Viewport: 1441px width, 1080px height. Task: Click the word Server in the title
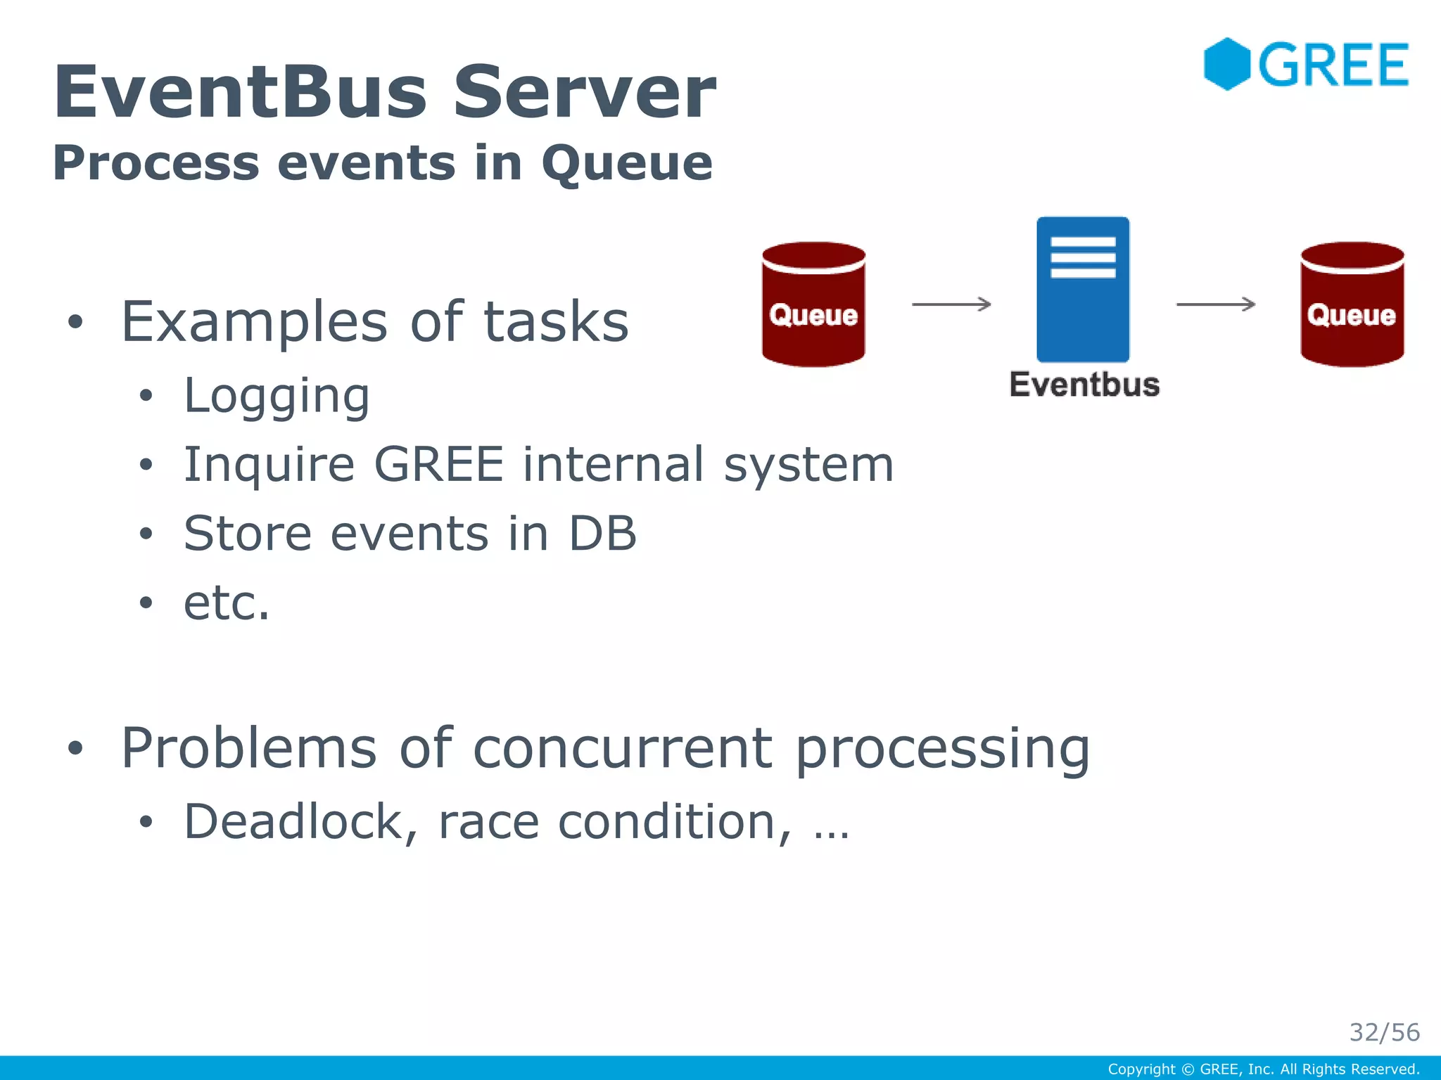coord(584,92)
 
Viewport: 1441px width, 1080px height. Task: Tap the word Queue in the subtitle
coord(626,164)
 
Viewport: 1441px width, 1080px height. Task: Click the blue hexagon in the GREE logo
coord(1226,64)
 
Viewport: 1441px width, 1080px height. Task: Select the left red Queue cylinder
coord(813,304)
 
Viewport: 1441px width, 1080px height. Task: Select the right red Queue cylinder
coord(1352,304)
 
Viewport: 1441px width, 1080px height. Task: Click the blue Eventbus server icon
coord(1083,290)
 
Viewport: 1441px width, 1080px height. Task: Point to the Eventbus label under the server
coord(1084,385)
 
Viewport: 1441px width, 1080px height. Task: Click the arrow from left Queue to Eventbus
coord(951,304)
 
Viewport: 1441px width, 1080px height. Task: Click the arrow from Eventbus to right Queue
coord(1216,304)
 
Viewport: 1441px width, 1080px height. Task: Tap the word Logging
coord(276,397)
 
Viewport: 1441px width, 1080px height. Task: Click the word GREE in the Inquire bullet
coord(438,464)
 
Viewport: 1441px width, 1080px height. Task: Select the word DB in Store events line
coord(602,533)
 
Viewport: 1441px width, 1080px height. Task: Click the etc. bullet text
coord(227,603)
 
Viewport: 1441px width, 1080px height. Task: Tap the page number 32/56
coord(1384,1032)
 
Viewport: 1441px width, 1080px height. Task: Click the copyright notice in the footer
coord(1263,1069)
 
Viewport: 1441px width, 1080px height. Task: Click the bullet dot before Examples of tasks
coord(75,323)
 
